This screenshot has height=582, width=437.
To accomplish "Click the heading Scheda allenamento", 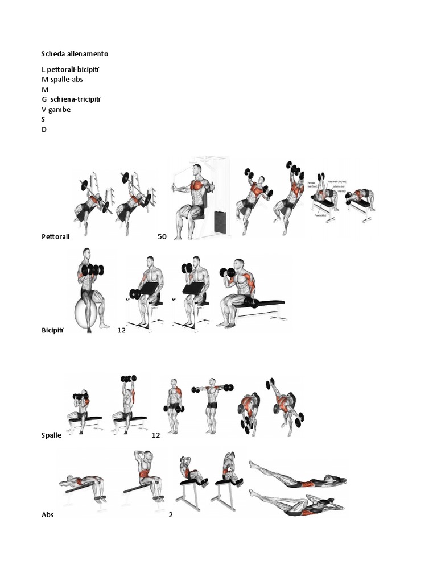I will coord(75,54).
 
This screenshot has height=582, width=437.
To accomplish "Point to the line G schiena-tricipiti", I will coord(71,99).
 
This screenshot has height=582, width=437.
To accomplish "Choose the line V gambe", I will coord(56,110).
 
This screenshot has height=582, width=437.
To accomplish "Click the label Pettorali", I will coord(55,236).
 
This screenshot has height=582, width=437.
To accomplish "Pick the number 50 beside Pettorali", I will coord(162,236).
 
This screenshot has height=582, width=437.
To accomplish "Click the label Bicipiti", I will coord(53,330).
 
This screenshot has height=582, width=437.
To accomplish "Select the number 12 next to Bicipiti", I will coord(121,330).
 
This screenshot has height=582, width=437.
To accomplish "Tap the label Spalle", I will coord(51,435).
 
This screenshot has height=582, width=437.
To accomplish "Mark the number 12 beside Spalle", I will coord(156,435).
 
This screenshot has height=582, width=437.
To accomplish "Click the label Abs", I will coord(47,515).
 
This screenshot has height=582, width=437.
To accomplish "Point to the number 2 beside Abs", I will coord(170,515).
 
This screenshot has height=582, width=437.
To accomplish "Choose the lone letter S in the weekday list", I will coord(43,120).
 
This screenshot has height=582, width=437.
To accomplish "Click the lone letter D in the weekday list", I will coord(44,130).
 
